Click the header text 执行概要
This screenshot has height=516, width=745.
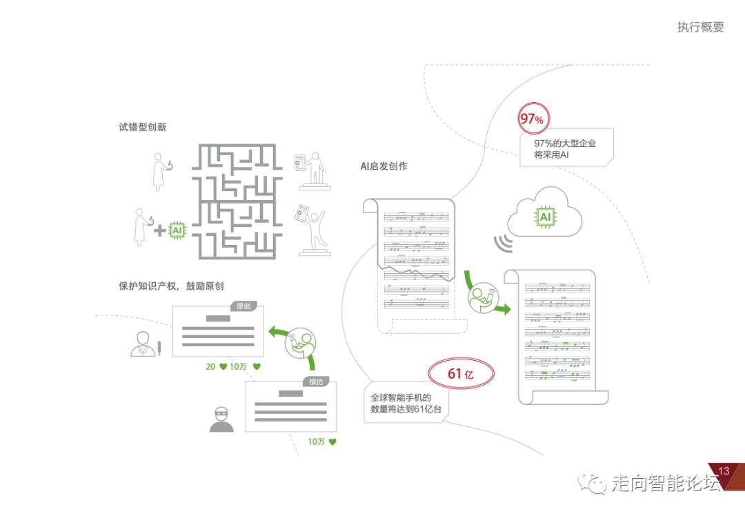click(x=700, y=28)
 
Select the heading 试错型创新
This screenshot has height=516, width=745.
click(x=142, y=128)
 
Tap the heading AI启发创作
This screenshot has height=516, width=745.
click(x=384, y=166)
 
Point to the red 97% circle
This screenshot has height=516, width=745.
click(x=531, y=119)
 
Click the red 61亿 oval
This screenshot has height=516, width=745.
click(x=461, y=374)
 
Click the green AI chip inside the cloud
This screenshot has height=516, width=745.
click(x=545, y=217)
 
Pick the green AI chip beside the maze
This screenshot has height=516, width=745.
click(x=177, y=230)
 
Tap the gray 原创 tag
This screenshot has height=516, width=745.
click(x=242, y=306)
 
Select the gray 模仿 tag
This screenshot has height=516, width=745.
click(x=315, y=382)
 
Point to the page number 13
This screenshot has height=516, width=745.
click(x=724, y=471)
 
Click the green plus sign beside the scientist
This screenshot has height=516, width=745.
click(x=159, y=230)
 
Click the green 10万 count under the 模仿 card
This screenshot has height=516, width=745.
click(x=321, y=441)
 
